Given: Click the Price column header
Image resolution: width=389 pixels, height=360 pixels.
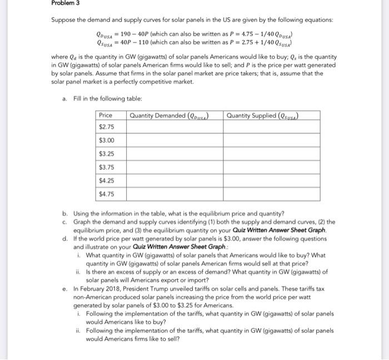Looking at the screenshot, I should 105,115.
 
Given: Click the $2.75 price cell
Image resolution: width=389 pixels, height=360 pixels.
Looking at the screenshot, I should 106,127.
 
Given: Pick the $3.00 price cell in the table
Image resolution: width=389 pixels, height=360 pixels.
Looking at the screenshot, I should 106,140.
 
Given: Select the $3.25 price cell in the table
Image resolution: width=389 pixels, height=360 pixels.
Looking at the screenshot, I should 106,153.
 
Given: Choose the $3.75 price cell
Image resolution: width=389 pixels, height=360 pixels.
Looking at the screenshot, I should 106,167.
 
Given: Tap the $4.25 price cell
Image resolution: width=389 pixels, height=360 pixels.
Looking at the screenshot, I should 106,181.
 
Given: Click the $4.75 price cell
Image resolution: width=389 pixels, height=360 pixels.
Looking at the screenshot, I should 106,194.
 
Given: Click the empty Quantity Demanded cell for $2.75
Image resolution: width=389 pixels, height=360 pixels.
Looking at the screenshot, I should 175,127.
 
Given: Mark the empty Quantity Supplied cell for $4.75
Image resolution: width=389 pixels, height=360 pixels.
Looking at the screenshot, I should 272,194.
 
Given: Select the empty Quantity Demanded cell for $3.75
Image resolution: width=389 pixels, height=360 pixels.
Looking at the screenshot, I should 175,167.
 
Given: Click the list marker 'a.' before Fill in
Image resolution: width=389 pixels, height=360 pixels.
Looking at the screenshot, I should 66,98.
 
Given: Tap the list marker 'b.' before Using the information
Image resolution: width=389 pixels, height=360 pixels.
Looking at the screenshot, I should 66,213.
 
